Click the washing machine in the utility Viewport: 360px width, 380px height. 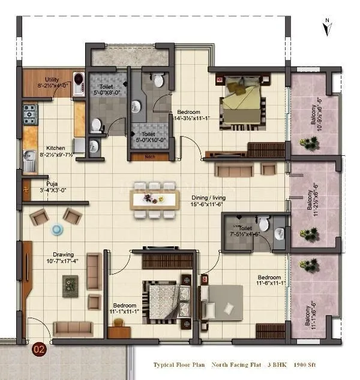(x=79, y=78)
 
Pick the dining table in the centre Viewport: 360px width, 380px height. (x=155, y=200)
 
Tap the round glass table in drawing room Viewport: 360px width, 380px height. (x=57, y=229)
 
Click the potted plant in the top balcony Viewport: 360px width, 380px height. (x=310, y=143)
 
